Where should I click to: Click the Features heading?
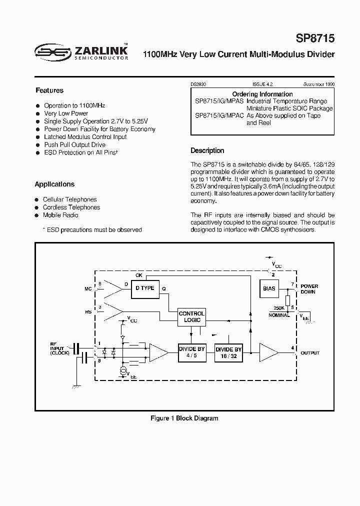(49, 90)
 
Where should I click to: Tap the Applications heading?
(54, 184)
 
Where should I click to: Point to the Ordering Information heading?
(262, 94)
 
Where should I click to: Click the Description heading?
(207, 150)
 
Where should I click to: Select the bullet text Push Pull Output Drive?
(74, 144)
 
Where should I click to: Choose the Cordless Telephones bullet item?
(71, 207)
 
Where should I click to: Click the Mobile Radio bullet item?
(60, 215)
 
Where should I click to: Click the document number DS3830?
(198, 85)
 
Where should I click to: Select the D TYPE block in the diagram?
(145, 288)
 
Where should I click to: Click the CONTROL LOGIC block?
(191, 316)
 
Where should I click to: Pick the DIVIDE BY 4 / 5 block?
(192, 352)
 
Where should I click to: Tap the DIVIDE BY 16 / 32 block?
(228, 353)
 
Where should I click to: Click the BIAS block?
(269, 288)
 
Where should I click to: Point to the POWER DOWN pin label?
(309, 289)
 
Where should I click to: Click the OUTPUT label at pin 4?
(310, 352)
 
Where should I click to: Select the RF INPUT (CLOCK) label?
(58, 348)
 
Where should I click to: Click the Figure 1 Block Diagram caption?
(184, 418)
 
